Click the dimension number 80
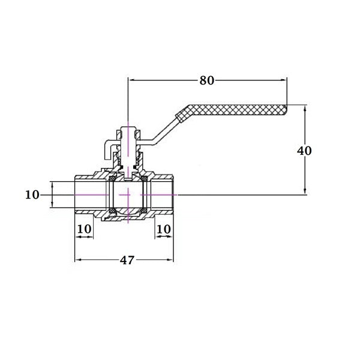206,80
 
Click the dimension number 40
304,151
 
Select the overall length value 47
127,260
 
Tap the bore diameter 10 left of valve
32,194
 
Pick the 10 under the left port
85,229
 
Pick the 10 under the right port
163,229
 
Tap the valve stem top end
128,128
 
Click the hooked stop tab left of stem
106,147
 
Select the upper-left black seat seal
112,178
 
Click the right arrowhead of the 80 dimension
283,80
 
